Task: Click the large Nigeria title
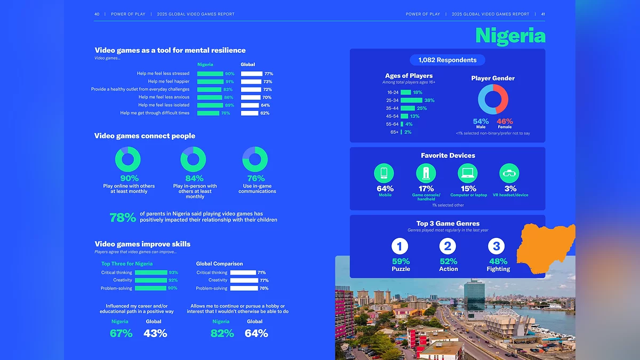510,36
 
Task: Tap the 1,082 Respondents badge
447,60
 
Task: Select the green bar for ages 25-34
411,100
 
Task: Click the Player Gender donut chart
493,99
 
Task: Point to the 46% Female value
505,122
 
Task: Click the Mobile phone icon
384,173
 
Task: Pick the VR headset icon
509,173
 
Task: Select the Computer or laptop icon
468,173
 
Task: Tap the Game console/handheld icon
426,173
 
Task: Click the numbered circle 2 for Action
448,246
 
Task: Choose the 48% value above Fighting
498,261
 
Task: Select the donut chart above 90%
128,159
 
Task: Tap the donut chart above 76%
255,159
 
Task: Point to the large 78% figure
123,218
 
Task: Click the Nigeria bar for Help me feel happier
210,82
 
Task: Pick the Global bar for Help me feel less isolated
250,105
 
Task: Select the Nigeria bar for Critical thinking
151,273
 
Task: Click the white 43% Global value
155,333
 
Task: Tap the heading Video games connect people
145,136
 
